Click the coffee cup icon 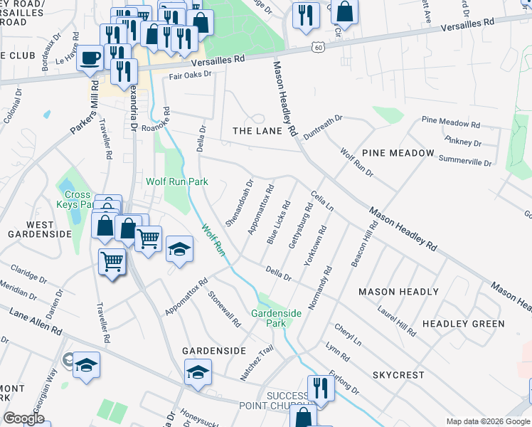pos(90,58)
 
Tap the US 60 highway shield pos(316,47)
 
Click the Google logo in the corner pos(23,418)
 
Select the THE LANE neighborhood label pos(257,131)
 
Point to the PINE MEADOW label pos(398,153)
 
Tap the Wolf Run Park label pos(177,181)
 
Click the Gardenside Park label pos(277,318)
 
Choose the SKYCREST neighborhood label pos(398,374)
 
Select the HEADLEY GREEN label pos(463,324)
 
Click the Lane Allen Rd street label pos(35,322)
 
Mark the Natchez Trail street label pos(257,363)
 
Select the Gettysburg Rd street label pos(300,227)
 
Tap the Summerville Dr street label pos(465,159)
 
